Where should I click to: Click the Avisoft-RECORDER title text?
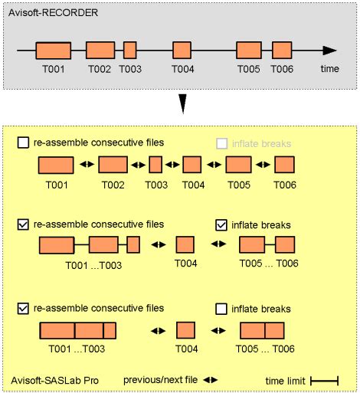coord(53,13)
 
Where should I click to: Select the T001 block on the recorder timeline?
coord(54,51)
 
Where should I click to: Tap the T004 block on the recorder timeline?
coord(182,51)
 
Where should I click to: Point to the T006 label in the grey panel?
coord(282,69)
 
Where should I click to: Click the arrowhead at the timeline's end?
coord(329,51)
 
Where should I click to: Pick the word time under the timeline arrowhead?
coord(330,69)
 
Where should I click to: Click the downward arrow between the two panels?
coord(183,103)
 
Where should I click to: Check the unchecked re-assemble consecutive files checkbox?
coord(23,142)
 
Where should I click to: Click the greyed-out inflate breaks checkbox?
coord(221,143)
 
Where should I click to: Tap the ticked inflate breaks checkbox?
coord(221,225)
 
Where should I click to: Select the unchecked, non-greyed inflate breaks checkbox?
coord(221,309)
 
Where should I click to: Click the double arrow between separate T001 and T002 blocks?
coord(87,164)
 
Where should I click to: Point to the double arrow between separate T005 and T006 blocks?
coord(263,165)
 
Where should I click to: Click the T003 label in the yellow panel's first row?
coord(156,185)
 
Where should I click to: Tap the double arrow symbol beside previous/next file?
coord(211,380)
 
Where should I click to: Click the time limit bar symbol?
coord(324,381)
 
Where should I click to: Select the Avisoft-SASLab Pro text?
coord(54,381)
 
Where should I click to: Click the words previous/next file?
coord(160,380)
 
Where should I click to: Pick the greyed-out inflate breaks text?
coord(261,144)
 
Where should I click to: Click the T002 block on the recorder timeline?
coord(100,51)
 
